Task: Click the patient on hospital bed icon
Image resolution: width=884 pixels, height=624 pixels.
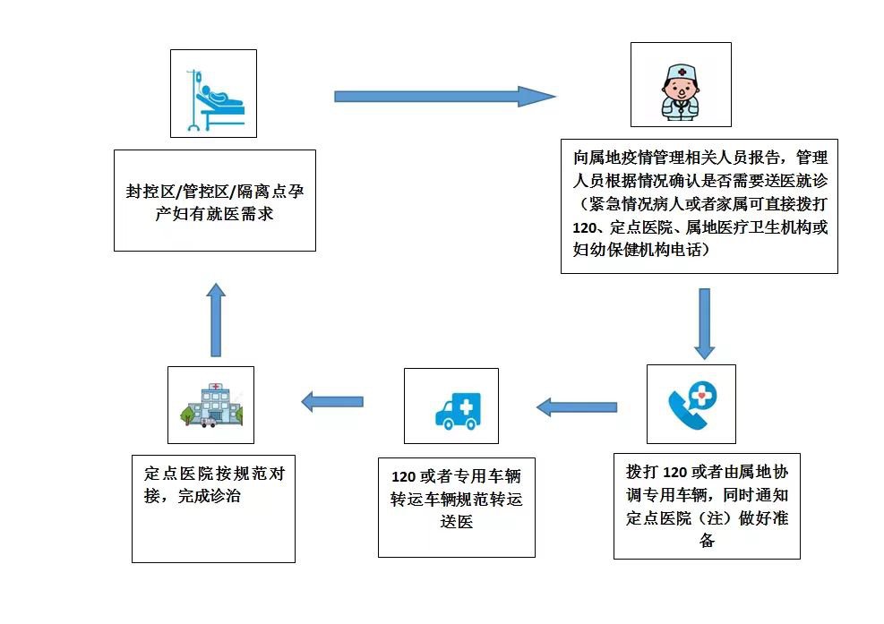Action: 213,93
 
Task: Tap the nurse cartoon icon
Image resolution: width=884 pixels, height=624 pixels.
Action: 681,85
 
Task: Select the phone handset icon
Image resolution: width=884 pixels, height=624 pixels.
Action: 691,404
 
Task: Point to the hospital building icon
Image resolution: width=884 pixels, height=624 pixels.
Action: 210,405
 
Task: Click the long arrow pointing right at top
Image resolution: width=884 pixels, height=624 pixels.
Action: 444,96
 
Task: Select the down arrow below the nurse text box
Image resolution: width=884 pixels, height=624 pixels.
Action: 704,323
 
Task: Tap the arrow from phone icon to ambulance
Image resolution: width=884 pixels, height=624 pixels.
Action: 578,407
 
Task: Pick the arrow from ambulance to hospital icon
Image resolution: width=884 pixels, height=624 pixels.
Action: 332,402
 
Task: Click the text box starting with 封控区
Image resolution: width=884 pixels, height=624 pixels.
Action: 215,201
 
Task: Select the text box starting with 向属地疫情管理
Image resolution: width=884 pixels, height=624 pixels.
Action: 699,206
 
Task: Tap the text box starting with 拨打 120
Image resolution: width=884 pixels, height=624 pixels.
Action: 706,507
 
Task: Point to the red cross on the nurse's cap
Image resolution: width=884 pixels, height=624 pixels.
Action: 682,70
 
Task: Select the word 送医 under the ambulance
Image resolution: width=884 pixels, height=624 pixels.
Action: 456,522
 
